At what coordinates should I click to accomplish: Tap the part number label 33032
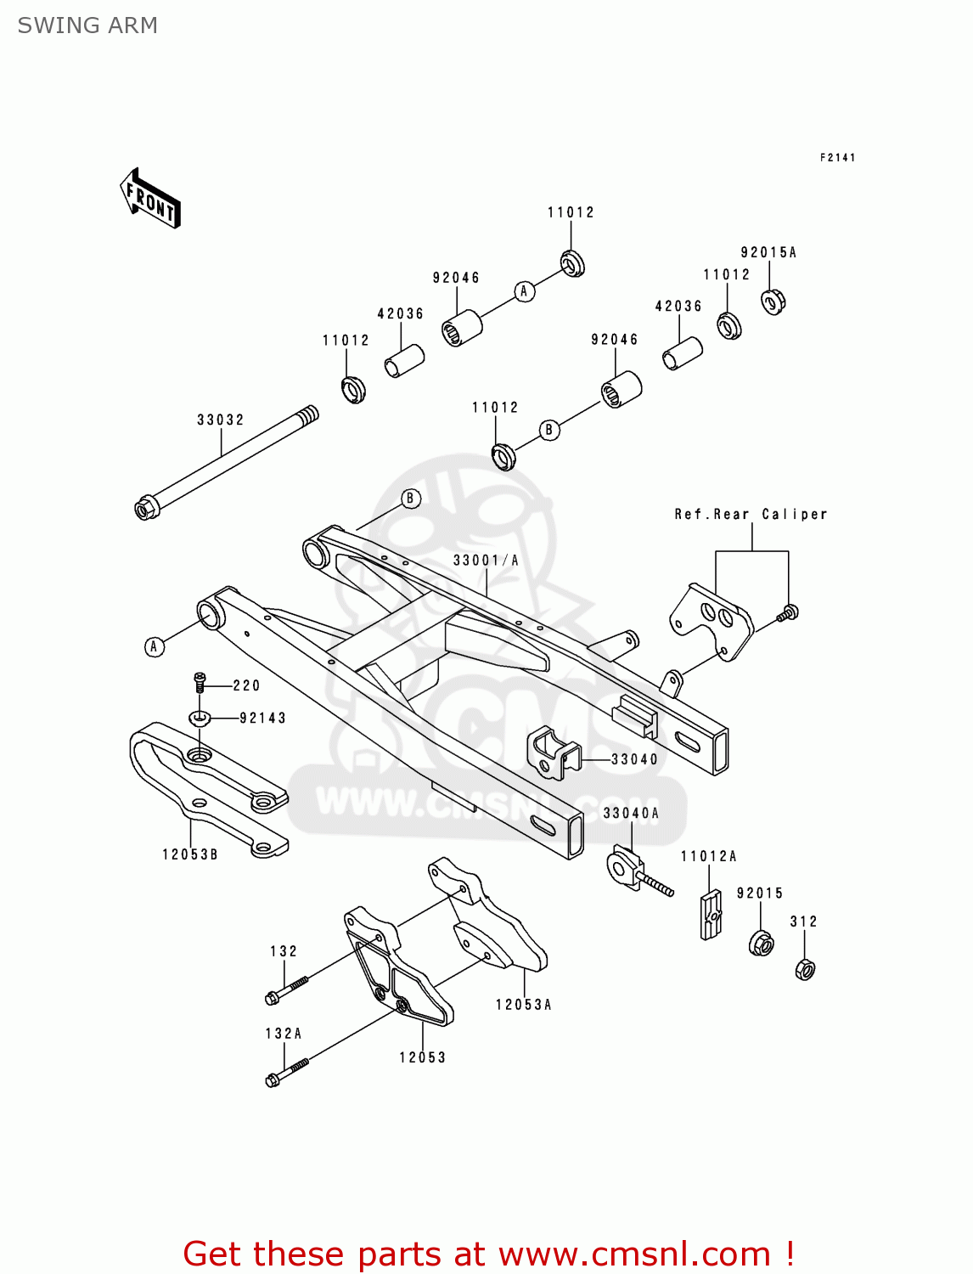[x=221, y=420]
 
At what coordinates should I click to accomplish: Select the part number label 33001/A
[x=486, y=560]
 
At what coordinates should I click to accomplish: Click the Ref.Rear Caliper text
[x=751, y=514]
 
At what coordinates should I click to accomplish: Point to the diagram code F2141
[x=837, y=157]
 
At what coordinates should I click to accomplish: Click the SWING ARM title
[x=87, y=25]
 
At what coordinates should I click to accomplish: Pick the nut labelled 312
[x=805, y=968]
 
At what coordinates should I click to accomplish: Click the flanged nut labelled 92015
[x=761, y=943]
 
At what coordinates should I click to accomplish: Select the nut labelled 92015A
[x=773, y=301]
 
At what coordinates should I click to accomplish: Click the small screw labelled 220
[x=200, y=681]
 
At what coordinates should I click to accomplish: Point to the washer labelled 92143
[x=200, y=719]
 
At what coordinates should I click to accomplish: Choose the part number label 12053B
[x=190, y=854]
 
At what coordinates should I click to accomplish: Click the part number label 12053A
[x=524, y=1005]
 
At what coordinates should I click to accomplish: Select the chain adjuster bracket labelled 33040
[x=554, y=753]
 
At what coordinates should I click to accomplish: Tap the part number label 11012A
[x=709, y=856]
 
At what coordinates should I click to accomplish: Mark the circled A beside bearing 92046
[x=524, y=291]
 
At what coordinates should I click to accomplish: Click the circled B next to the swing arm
[x=410, y=499]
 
